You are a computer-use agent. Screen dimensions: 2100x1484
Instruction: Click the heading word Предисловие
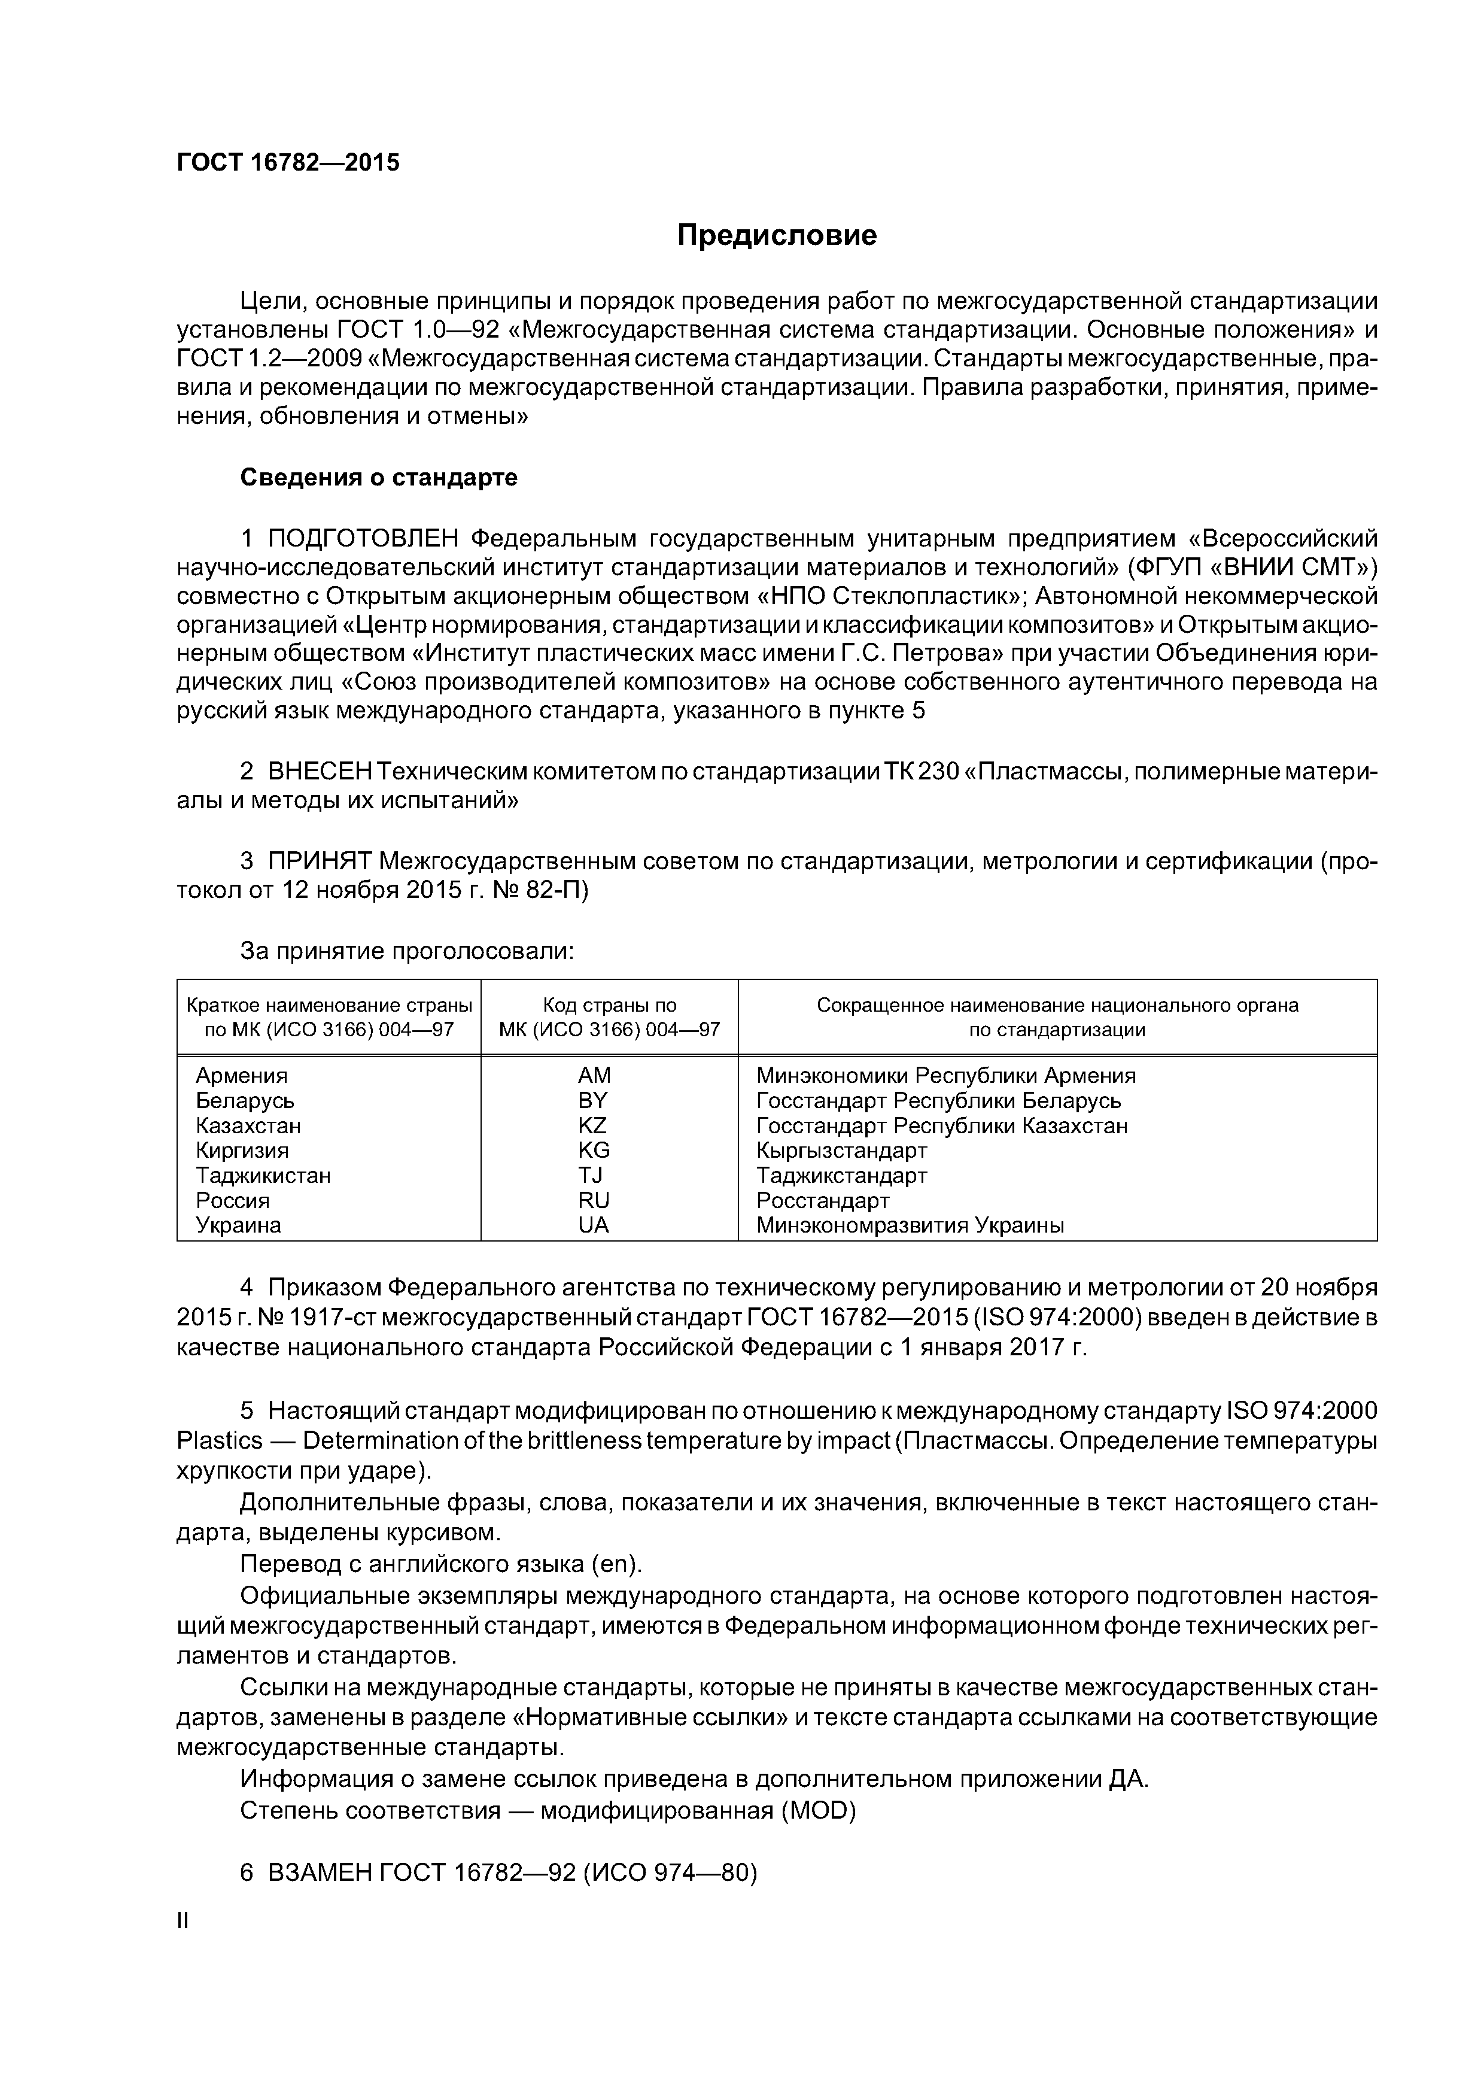[776, 235]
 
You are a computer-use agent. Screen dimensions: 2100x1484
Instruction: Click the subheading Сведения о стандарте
[379, 478]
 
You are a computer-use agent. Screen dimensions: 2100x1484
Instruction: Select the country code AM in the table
[594, 1076]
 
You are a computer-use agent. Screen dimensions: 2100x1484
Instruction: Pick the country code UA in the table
[594, 1225]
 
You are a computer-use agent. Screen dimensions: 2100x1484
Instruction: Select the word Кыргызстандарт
[841, 1151]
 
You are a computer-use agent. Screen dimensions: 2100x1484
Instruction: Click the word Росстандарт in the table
[822, 1200]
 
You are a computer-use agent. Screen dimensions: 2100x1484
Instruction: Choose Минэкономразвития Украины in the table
[910, 1225]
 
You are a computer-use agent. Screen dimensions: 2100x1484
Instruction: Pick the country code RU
[594, 1200]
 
